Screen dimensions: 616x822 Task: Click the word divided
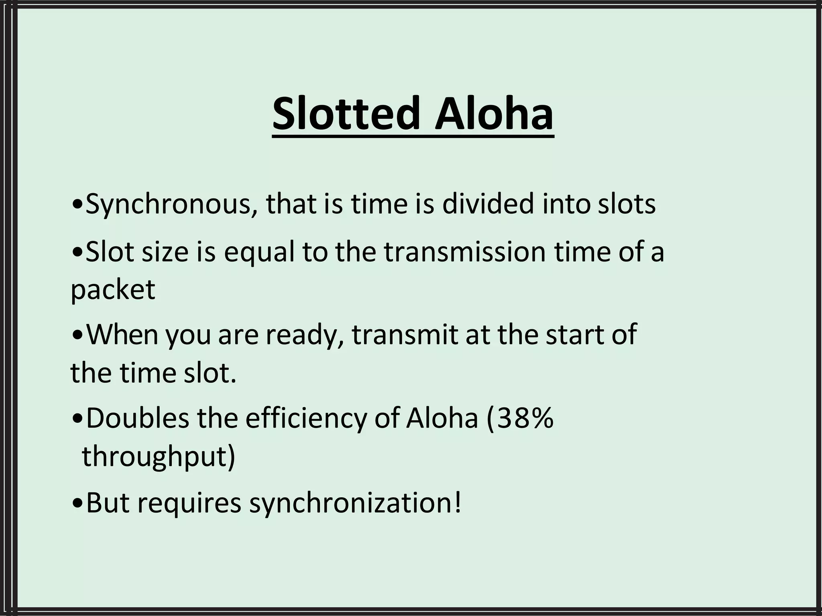(x=488, y=203)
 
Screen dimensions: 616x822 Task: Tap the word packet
(x=113, y=290)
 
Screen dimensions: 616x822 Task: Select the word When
(x=122, y=334)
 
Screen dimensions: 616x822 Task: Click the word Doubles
(x=137, y=418)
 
